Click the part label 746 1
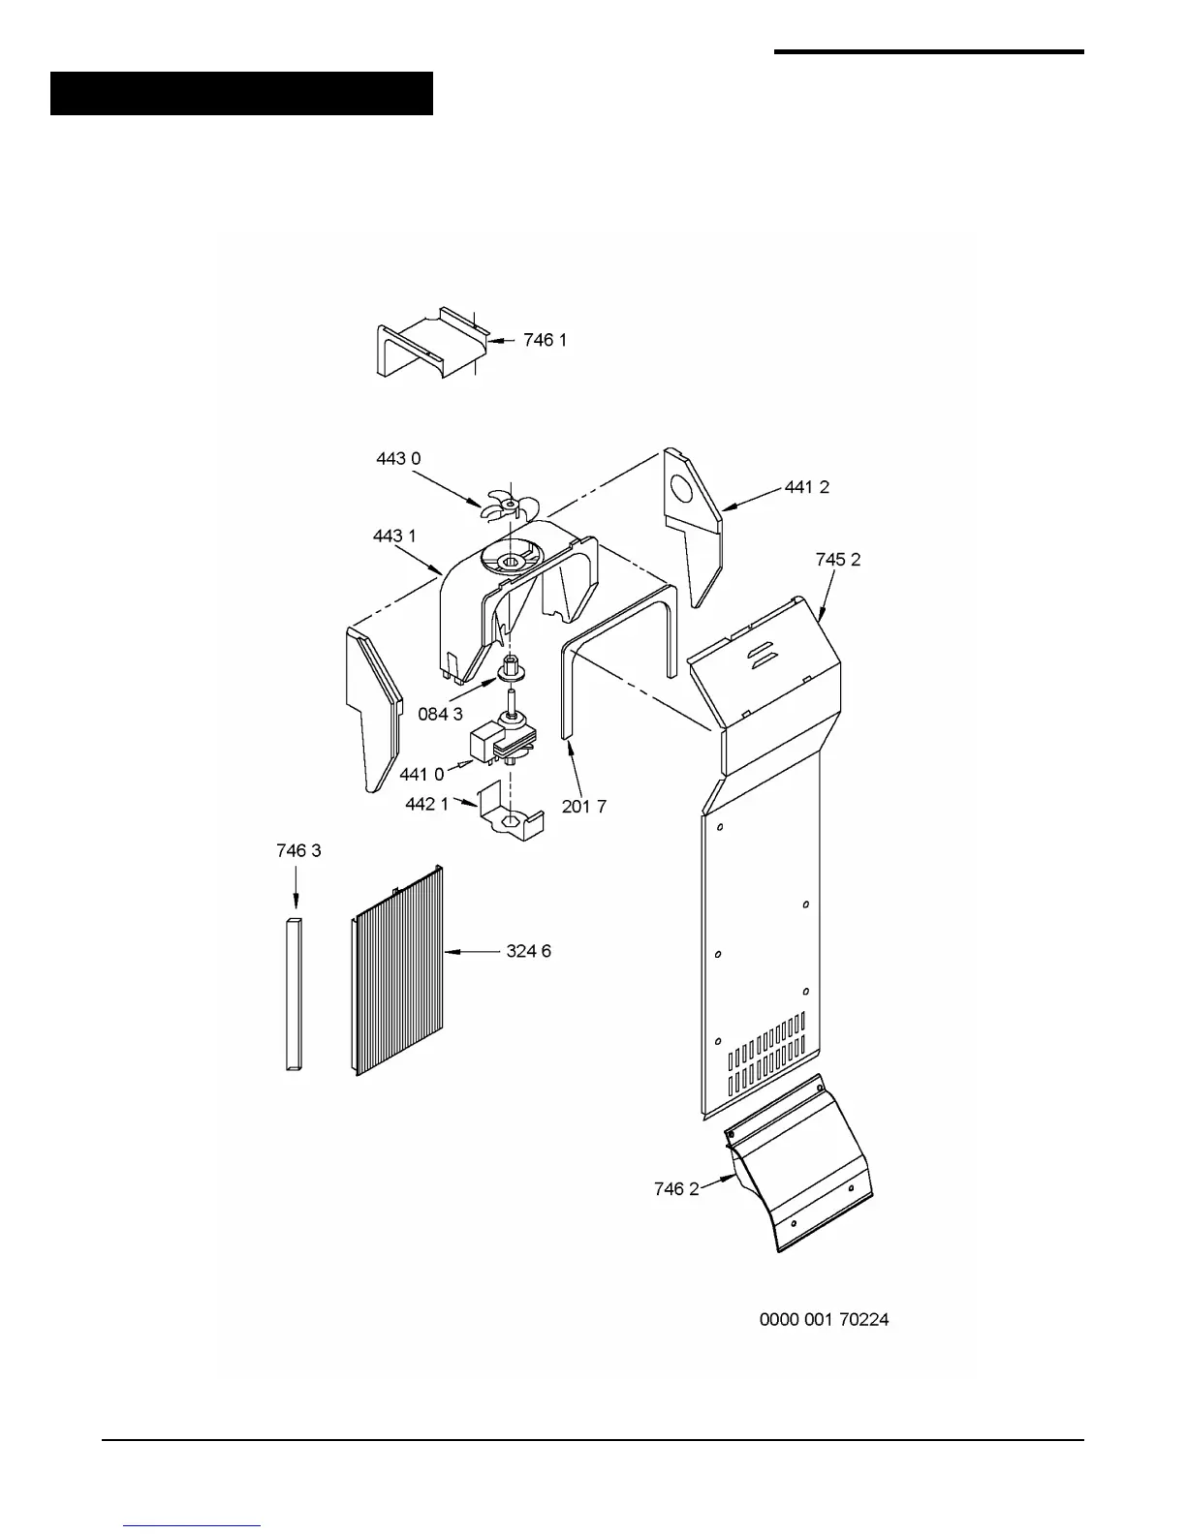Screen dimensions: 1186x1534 pyautogui.click(x=545, y=340)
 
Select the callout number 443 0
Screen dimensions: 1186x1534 pyautogui.click(x=398, y=458)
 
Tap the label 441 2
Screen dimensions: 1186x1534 pyautogui.click(x=806, y=487)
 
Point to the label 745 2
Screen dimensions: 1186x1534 pyautogui.click(x=837, y=559)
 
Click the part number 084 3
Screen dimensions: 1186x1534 pyautogui.click(x=440, y=714)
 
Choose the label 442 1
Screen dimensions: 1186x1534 pyautogui.click(x=426, y=804)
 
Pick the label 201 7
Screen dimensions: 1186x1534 pyautogui.click(x=583, y=806)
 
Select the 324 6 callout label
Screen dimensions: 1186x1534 pyautogui.click(x=528, y=951)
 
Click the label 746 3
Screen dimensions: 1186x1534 pyautogui.click(x=298, y=850)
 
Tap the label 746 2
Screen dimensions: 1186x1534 pyautogui.click(x=675, y=1188)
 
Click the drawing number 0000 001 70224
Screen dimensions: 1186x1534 pyautogui.click(x=824, y=1319)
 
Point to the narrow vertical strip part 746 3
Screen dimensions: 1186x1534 pyautogui.click(x=294, y=993)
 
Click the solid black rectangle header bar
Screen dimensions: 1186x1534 pyautogui.click(x=241, y=93)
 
